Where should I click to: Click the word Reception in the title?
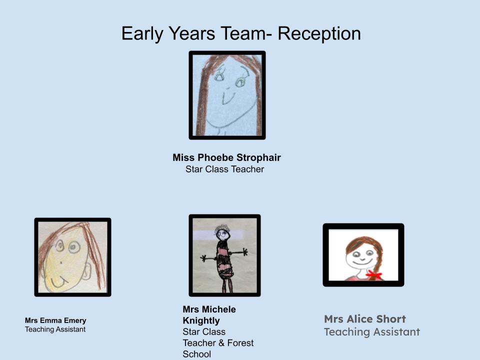pos(319,33)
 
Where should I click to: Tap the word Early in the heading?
pos(142,33)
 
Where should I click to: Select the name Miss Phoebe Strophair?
pos(226,157)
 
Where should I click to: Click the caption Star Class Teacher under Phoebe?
pos(224,169)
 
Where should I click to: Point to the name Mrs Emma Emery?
pos(55,320)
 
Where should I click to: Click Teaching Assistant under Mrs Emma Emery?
pos(55,329)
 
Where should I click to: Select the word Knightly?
pos(201,321)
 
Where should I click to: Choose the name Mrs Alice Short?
pos(365,319)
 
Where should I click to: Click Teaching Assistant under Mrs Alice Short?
pos(372,332)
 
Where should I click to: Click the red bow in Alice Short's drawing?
pos(374,274)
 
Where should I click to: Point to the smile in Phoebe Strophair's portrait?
pos(228,98)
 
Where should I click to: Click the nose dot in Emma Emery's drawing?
pos(61,262)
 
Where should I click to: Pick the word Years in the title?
pos(192,33)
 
